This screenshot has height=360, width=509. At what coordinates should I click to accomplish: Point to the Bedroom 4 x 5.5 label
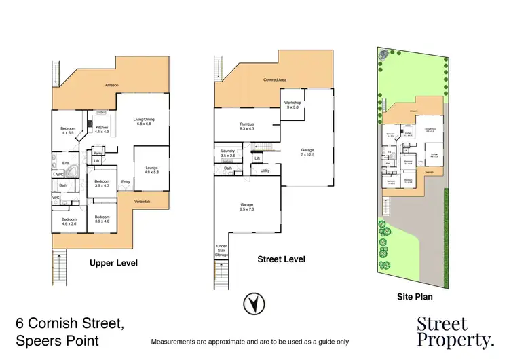click(68, 130)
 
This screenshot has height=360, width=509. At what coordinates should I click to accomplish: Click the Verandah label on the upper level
click(141, 202)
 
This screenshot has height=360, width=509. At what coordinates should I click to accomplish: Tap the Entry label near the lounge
click(126, 181)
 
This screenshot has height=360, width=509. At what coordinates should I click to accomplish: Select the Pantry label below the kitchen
click(98, 154)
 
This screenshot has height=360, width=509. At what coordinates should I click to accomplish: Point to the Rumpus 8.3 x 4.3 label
click(246, 125)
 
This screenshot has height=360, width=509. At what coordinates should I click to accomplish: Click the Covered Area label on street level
click(275, 80)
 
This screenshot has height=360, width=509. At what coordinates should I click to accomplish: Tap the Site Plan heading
click(414, 296)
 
